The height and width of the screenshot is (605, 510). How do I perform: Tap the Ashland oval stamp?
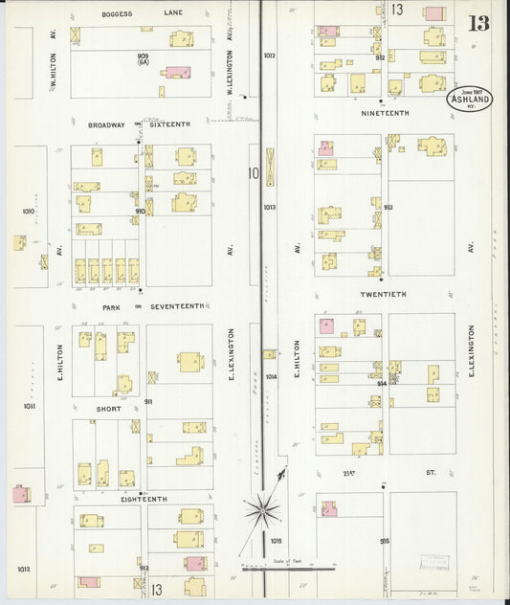pyautogui.click(x=468, y=100)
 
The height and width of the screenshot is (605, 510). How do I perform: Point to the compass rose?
pyautogui.click(x=261, y=509)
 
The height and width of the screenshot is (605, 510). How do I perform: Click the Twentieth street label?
pyautogui.click(x=384, y=294)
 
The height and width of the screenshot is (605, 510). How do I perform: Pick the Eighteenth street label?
pyautogui.click(x=144, y=499)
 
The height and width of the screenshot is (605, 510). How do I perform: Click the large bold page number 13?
pyautogui.click(x=478, y=23)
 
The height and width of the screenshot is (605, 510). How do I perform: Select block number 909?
pyautogui.click(x=143, y=57)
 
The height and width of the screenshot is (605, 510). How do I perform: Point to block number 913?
pyautogui.click(x=388, y=207)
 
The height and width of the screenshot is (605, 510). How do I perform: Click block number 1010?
pyautogui.click(x=28, y=211)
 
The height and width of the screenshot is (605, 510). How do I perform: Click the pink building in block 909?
pyautogui.click(x=177, y=72)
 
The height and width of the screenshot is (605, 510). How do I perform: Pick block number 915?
pyautogui.click(x=384, y=541)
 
